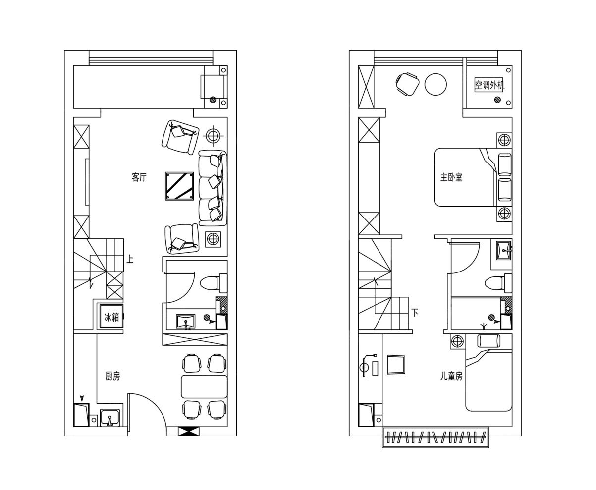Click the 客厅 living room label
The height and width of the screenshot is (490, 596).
(139, 177)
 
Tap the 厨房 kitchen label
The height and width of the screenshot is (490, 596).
(112, 376)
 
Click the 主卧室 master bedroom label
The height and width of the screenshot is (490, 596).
(451, 177)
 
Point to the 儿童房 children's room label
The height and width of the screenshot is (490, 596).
(451, 376)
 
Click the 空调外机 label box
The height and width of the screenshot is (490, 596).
(489, 85)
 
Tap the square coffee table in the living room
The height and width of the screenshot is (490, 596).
(179, 186)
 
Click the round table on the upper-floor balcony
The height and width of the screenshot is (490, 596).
(435, 84)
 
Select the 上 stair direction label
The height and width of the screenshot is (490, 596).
(130, 259)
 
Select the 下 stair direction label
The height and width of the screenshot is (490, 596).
(415, 312)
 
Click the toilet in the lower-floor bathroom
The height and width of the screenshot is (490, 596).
(214, 283)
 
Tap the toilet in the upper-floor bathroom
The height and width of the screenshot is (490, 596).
(498, 283)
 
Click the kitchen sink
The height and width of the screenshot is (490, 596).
(110, 418)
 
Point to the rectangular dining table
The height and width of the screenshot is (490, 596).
(204, 386)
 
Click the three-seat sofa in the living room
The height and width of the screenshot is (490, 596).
(213, 188)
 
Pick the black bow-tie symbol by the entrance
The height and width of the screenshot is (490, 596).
(188, 432)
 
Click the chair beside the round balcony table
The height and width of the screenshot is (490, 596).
(407, 84)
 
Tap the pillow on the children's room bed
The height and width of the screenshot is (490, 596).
(488, 341)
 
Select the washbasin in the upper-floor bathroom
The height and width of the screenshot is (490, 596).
(504, 250)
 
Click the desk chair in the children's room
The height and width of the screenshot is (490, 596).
(396, 365)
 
